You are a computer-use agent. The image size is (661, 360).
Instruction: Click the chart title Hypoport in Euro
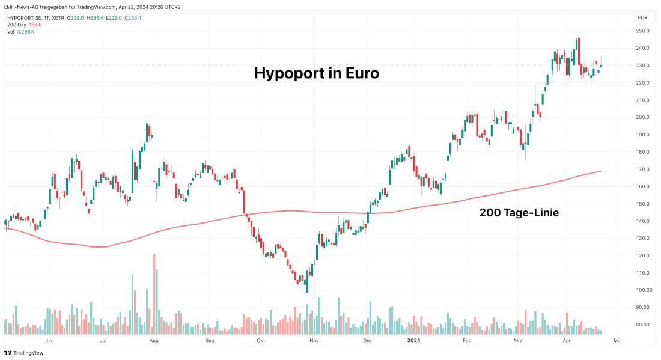point(316,73)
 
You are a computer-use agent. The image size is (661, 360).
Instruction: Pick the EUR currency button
point(642,18)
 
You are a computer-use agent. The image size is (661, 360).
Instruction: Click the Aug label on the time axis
point(154,340)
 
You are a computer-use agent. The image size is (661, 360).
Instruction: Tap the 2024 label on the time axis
point(413,340)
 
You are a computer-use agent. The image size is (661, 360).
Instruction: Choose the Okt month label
point(261,340)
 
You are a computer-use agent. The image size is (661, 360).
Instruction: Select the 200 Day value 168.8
point(35,25)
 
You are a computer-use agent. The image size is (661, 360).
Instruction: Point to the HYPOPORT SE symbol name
point(25,18)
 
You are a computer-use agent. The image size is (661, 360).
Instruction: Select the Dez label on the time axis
point(368,340)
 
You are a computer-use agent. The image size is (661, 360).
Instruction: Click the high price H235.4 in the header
point(96,18)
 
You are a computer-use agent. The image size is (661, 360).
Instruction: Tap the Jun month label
point(50,340)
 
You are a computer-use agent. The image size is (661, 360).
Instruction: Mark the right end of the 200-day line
point(601,171)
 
